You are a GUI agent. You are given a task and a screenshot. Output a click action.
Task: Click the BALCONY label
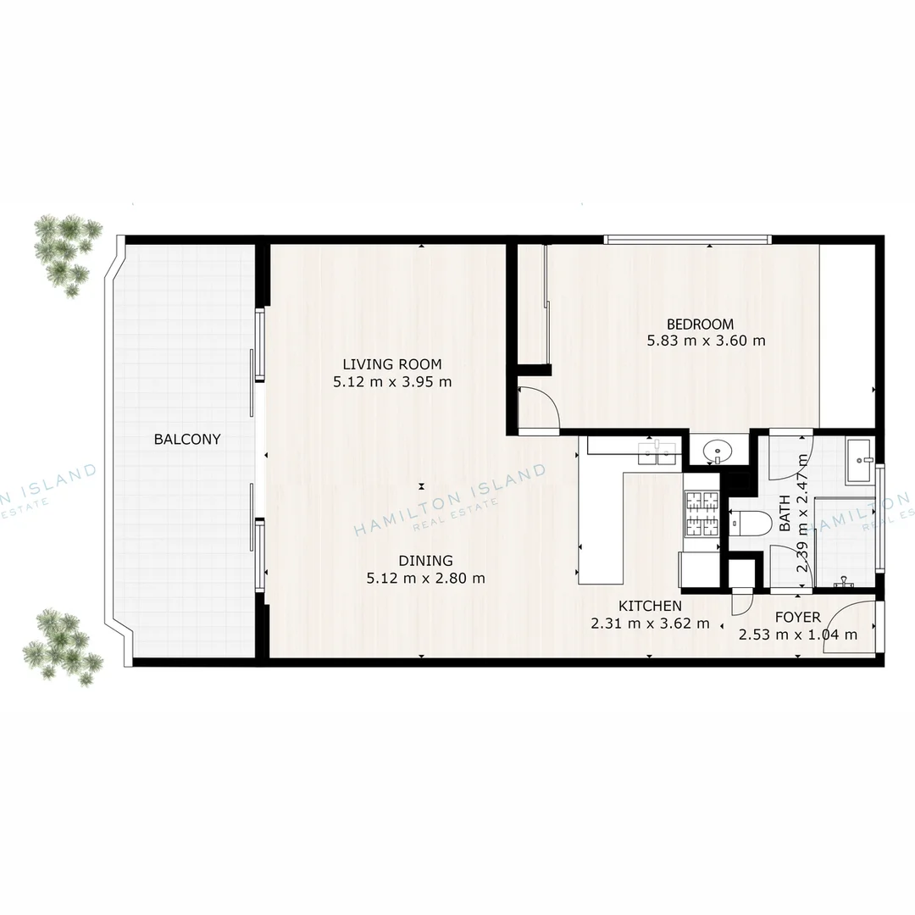(x=187, y=439)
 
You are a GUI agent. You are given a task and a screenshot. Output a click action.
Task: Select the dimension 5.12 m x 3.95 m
(x=392, y=382)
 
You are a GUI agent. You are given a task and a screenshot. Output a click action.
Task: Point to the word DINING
(x=425, y=560)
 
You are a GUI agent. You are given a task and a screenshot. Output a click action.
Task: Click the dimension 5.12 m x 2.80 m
(x=425, y=579)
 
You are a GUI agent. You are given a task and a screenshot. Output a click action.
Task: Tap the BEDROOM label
(x=700, y=324)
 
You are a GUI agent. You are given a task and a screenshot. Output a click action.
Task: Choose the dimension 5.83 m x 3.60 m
(x=706, y=341)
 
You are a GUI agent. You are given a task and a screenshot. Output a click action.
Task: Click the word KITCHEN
(x=650, y=606)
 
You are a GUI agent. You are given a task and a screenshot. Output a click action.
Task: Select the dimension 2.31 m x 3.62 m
(x=650, y=624)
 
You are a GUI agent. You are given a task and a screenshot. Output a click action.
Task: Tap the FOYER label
(x=797, y=617)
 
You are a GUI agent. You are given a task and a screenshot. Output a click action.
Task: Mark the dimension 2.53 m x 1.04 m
(x=797, y=635)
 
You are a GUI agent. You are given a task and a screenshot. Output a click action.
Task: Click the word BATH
(x=785, y=513)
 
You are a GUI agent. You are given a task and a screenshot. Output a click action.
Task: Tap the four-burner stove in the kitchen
(x=701, y=515)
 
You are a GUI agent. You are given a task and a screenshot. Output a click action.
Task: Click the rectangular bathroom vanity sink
(x=860, y=462)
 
